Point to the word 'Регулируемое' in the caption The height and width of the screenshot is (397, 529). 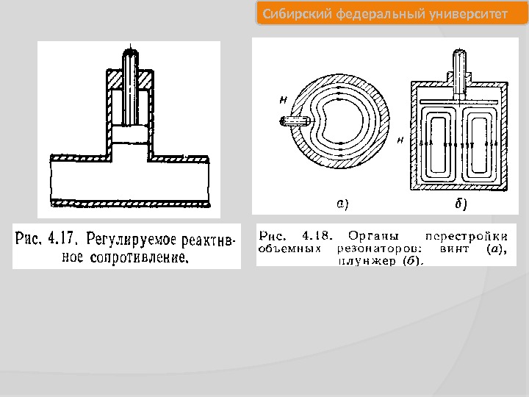(131, 240)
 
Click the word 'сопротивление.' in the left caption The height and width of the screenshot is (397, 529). (140, 257)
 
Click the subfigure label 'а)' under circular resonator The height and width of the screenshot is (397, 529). (342, 202)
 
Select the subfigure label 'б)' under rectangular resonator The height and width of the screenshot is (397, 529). (461, 203)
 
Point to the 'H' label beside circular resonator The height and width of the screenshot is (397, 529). (283, 97)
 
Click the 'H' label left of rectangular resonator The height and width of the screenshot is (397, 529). (400, 138)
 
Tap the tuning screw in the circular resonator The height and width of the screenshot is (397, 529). (293, 121)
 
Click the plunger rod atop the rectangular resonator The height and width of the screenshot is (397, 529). (460, 70)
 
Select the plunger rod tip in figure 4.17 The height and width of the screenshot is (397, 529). (132, 51)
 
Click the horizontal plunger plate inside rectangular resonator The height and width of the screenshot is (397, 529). (460, 97)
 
